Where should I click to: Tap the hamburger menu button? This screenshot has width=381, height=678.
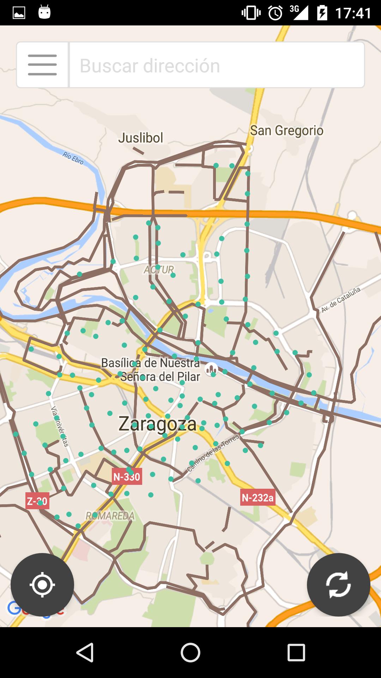42,65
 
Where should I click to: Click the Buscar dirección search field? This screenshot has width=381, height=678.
217,65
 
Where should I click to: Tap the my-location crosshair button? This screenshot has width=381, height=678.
42,585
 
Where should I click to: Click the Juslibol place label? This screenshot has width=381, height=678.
141,138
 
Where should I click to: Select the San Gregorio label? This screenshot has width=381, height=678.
286,131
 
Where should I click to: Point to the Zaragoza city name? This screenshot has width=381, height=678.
157,424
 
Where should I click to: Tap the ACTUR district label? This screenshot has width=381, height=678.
159,270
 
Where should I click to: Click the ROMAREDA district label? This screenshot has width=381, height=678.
110,516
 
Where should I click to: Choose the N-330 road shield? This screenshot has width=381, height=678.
127,477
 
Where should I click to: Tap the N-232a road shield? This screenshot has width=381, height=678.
258,498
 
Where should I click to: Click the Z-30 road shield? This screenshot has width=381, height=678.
37,501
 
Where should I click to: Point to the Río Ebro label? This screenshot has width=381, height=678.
73,158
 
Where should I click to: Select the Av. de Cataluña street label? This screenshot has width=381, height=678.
341,299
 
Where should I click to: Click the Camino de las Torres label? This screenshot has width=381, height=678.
213,453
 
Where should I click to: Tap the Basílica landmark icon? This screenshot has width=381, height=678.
211,369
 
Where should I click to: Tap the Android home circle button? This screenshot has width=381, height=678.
190,652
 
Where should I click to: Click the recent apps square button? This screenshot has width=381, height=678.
296,652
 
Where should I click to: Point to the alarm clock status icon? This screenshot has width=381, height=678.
275,13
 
